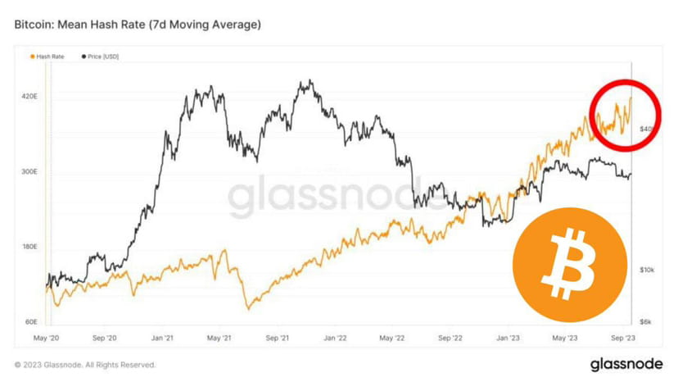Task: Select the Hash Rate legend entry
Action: [x=48, y=57]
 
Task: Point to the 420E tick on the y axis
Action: [x=29, y=97]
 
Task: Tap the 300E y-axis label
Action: [x=29, y=172]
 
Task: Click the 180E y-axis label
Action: [x=29, y=247]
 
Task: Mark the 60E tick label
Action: [x=29, y=322]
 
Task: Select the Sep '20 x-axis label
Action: [x=106, y=338]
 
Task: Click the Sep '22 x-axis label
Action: [x=452, y=338]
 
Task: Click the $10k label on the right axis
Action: [x=647, y=270]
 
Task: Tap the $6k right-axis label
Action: [x=646, y=322]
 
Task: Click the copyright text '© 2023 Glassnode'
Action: [x=85, y=365]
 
